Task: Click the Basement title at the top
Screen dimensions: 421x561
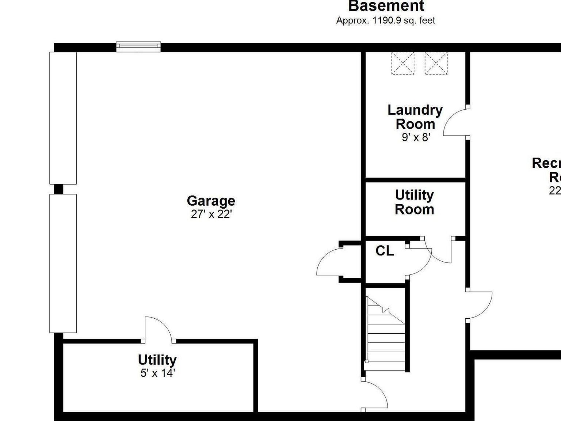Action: point(386,6)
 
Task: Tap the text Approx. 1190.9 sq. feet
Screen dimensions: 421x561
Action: point(385,20)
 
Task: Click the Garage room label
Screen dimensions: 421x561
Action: point(211,201)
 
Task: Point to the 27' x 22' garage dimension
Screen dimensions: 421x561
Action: point(211,214)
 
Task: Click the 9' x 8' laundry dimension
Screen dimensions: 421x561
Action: point(416,137)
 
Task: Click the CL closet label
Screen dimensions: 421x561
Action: point(385,251)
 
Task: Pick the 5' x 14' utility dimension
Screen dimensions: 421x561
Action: point(158,373)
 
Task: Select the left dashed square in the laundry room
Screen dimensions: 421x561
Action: point(403,63)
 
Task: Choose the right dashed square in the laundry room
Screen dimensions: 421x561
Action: point(436,63)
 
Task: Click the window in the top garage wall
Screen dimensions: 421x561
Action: point(138,46)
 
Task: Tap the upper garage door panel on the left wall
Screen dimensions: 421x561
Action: point(63,118)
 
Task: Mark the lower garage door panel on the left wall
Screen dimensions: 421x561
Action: point(63,263)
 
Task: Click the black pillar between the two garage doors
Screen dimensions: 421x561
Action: point(58,189)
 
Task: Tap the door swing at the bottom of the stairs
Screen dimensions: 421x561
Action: point(375,395)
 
